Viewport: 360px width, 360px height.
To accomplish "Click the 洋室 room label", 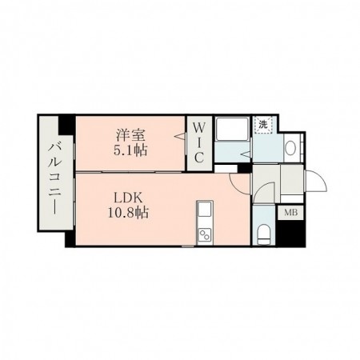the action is (130, 135).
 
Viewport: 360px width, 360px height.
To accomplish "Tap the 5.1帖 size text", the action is (130, 150).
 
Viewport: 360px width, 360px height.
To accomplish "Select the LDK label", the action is (128, 198).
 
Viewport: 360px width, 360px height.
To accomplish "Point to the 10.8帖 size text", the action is (128, 213).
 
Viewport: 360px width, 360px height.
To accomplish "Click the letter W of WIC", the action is (199, 128).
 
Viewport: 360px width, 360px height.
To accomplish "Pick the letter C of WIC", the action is (199, 158).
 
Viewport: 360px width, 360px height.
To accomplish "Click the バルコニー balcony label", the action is (55, 178).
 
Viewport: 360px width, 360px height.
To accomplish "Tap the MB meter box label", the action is (290, 213).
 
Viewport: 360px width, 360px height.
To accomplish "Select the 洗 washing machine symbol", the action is (263, 125).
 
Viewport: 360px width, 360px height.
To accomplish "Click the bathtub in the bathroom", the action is (233, 129).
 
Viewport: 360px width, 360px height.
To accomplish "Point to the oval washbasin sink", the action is (291, 148).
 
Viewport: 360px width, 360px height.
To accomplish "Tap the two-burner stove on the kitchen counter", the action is (205, 235).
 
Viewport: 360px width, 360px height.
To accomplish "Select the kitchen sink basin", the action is (205, 209).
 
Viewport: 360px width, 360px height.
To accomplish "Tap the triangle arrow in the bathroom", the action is (246, 154).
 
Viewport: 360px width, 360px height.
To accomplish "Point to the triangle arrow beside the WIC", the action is (180, 136).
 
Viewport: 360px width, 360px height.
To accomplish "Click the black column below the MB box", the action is (291, 234).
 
